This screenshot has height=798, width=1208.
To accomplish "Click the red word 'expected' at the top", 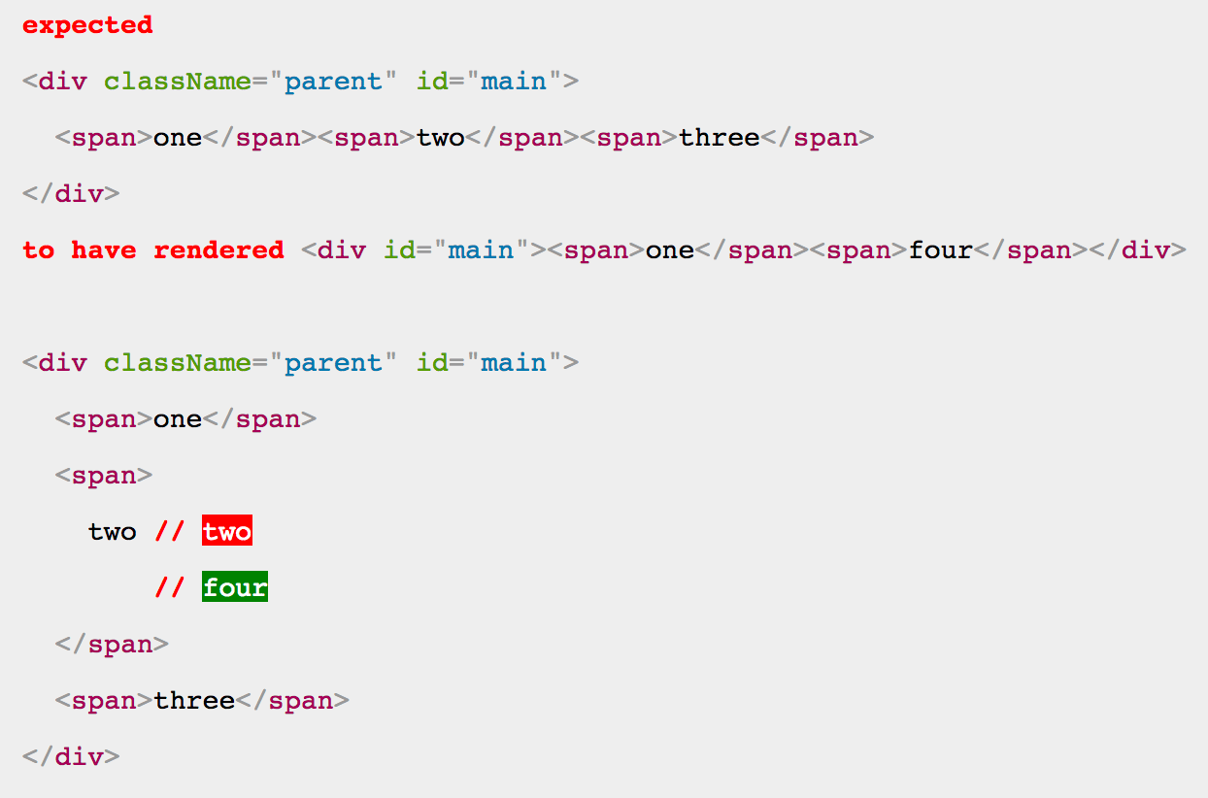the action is tap(87, 26).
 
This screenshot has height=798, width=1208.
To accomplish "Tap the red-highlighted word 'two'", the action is tap(227, 531).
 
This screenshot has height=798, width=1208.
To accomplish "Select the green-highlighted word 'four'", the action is tap(235, 586).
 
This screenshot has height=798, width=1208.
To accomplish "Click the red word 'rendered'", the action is tap(218, 250).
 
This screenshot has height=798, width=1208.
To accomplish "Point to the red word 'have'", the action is tap(104, 250).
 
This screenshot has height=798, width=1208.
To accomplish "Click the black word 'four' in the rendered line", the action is tap(941, 250).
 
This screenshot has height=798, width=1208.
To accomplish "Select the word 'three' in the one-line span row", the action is tap(719, 138).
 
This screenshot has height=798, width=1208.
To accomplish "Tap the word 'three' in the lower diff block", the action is tap(194, 700).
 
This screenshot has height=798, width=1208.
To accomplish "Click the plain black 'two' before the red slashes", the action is tap(113, 532).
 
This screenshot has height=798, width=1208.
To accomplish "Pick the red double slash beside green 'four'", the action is tap(170, 586).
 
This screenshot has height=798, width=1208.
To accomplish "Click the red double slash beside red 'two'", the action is tap(170, 531).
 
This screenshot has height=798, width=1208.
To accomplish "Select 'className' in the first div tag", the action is tap(178, 82).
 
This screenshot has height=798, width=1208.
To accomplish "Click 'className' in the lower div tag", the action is tap(178, 362).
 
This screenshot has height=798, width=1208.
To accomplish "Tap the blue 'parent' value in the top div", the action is tap(333, 83).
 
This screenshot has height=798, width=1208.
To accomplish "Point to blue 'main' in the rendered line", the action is tap(481, 250).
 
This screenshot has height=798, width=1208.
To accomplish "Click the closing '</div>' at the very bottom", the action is tap(71, 757).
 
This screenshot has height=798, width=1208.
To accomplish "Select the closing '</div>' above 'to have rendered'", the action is tap(71, 194).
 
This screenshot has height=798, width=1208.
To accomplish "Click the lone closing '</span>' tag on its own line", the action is tap(112, 645).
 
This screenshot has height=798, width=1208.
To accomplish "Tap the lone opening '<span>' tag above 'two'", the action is tap(104, 476).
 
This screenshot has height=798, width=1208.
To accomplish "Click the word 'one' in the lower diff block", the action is tap(178, 419).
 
